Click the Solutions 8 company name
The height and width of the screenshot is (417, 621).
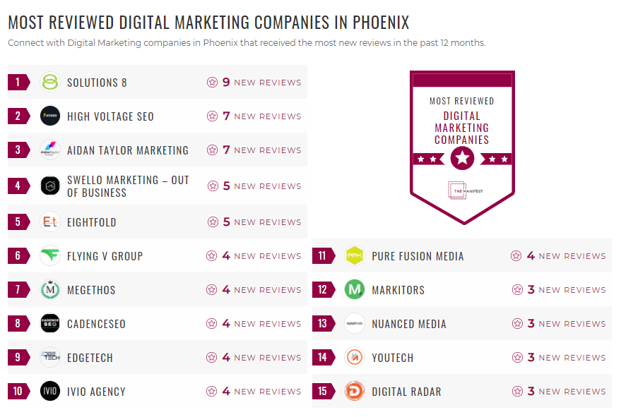point(97,83)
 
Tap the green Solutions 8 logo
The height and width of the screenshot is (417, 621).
point(50,83)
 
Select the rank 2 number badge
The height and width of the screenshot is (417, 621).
point(18,116)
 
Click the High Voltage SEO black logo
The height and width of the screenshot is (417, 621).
point(50,116)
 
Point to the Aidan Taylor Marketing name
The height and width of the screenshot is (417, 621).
point(127,150)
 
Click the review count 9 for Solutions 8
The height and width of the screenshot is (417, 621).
point(226,83)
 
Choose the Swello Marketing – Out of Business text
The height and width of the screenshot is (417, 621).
point(128,186)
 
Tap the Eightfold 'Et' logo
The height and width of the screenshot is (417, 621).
point(50,222)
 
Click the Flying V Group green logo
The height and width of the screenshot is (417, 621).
point(50,256)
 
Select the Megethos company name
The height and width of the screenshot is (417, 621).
point(91,290)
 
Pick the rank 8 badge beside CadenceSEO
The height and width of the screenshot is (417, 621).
point(18,324)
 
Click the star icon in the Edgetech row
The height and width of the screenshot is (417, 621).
point(212,358)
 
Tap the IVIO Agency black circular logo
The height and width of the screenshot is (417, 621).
point(50,392)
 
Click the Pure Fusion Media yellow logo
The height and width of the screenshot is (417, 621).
point(355,256)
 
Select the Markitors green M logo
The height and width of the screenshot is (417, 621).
point(355,290)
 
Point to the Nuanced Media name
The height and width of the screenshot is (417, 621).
point(409,324)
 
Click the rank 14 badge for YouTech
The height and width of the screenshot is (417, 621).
point(322,358)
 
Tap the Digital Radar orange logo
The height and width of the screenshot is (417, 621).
point(355,392)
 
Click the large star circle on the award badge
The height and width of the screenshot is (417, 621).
point(462,158)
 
